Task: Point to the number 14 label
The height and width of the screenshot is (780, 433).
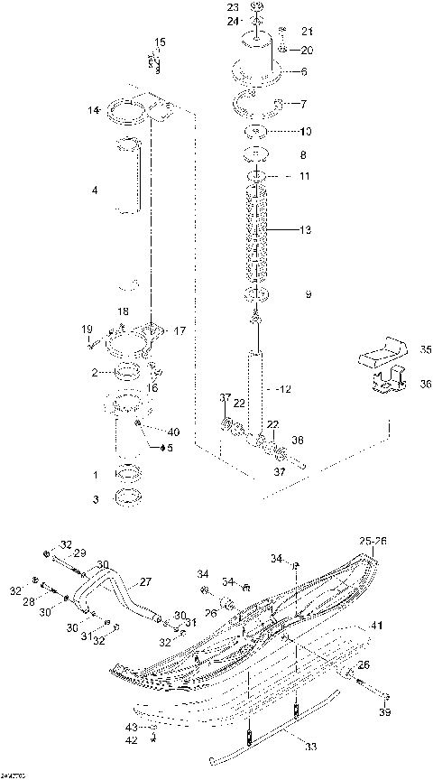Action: [92, 111]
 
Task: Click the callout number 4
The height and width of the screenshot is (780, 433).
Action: [94, 190]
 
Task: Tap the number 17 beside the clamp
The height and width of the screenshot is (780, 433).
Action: [179, 331]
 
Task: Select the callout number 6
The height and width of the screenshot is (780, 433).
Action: [304, 71]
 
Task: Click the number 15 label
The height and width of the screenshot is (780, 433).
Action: [160, 42]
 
